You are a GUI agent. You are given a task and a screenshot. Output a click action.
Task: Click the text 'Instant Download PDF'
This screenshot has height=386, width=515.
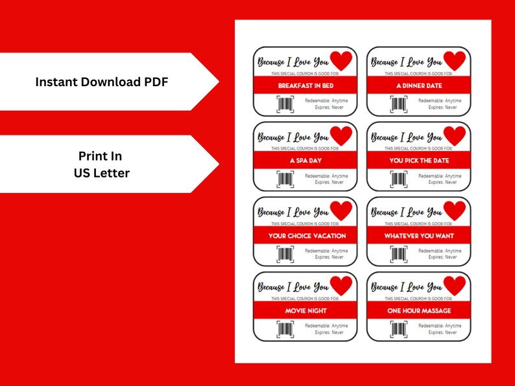(102, 82)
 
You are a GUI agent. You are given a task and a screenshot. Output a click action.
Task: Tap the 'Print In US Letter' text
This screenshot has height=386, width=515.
(100, 165)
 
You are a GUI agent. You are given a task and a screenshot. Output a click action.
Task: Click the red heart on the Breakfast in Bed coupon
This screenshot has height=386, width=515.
(341, 62)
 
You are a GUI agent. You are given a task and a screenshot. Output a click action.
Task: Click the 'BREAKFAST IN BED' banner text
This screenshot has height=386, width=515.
(305, 85)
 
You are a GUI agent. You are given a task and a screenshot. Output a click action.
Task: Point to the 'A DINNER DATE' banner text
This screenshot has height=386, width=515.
(418, 85)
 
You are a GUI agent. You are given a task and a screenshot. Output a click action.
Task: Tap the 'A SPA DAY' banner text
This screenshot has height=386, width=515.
(305, 161)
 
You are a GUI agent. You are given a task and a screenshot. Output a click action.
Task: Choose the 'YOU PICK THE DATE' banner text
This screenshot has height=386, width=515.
(418, 161)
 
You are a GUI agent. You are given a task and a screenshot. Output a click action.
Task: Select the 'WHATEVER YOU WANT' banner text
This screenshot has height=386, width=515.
(418, 236)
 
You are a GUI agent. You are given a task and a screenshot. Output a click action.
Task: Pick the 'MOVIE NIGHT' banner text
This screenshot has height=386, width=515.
(305, 311)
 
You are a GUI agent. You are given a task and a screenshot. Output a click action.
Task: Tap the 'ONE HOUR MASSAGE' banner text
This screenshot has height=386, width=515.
(418, 311)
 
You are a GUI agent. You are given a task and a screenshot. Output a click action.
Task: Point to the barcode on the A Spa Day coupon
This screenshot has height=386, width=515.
(285, 179)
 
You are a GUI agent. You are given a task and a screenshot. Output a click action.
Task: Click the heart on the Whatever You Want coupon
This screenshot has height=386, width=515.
(455, 211)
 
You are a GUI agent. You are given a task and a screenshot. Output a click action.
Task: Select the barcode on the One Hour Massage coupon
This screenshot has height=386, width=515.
(399, 329)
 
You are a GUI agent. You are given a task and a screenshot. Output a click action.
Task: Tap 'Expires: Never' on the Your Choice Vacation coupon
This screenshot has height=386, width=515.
(329, 257)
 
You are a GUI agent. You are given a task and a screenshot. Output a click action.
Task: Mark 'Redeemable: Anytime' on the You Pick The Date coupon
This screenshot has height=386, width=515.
(440, 176)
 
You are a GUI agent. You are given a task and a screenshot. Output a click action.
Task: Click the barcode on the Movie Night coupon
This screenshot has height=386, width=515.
(285, 329)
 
